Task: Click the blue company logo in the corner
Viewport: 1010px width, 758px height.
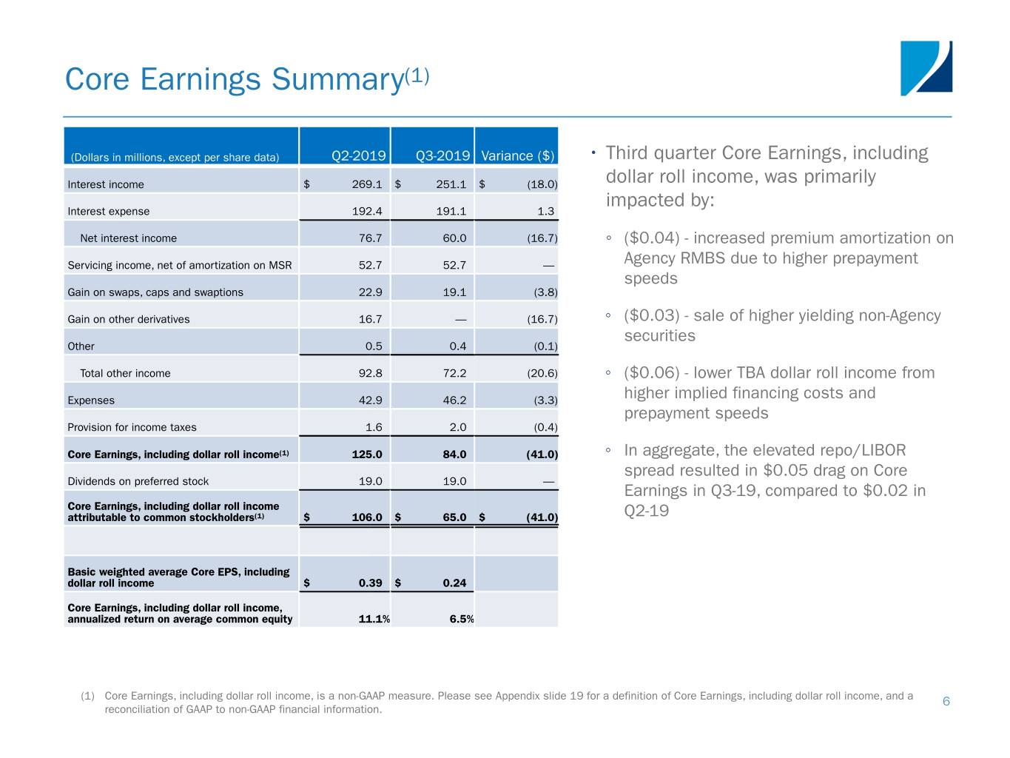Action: [x=926, y=68]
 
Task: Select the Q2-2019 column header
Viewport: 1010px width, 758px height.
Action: [x=358, y=155]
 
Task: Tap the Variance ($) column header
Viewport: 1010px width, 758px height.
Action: [x=517, y=155]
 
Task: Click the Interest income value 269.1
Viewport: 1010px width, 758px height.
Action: [x=367, y=184]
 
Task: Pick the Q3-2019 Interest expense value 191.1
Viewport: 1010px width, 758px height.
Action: [x=451, y=211]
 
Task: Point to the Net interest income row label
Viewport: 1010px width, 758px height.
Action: [x=128, y=238]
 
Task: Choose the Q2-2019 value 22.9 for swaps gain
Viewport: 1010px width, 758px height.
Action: [x=370, y=292]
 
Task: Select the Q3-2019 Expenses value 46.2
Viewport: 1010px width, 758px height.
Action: [x=454, y=400]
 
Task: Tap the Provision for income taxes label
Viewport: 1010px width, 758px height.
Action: [x=132, y=427]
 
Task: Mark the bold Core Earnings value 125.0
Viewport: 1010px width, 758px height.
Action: [x=367, y=455]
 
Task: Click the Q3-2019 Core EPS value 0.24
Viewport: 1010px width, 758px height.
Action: [x=454, y=583]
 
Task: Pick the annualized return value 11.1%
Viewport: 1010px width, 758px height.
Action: [x=374, y=619]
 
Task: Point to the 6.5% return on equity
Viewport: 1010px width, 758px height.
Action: [x=462, y=619]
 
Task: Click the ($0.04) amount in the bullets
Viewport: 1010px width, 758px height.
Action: [x=651, y=238]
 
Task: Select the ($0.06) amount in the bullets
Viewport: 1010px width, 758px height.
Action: [x=651, y=373]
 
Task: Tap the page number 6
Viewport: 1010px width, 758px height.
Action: [x=946, y=701]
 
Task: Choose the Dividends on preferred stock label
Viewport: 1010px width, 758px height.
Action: [x=138, y=481]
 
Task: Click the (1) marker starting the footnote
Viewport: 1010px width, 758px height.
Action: [x=87, y=696]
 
